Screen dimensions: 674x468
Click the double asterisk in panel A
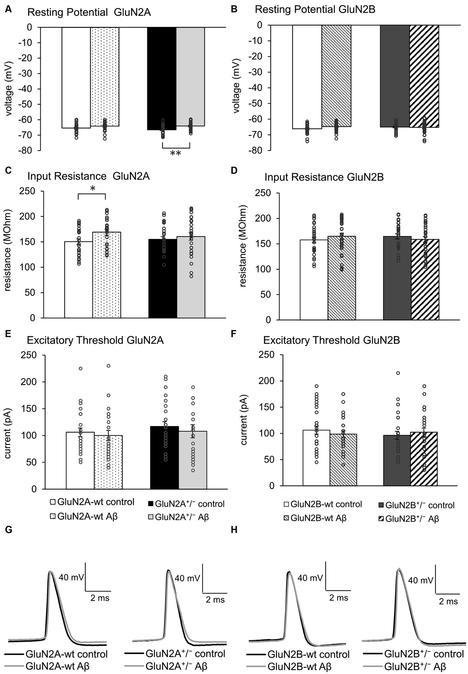[176, 153]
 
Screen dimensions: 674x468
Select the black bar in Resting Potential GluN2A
[162, 76]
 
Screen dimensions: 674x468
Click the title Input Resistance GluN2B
[324, 177]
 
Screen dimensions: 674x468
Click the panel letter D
[234, 170]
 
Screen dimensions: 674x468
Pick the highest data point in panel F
[398, 373]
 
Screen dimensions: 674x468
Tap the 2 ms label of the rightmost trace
[448, 602]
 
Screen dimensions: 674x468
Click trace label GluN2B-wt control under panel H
[308, 654]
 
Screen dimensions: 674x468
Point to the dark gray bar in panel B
[395, 76]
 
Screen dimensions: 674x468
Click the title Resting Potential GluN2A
[89, 13]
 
